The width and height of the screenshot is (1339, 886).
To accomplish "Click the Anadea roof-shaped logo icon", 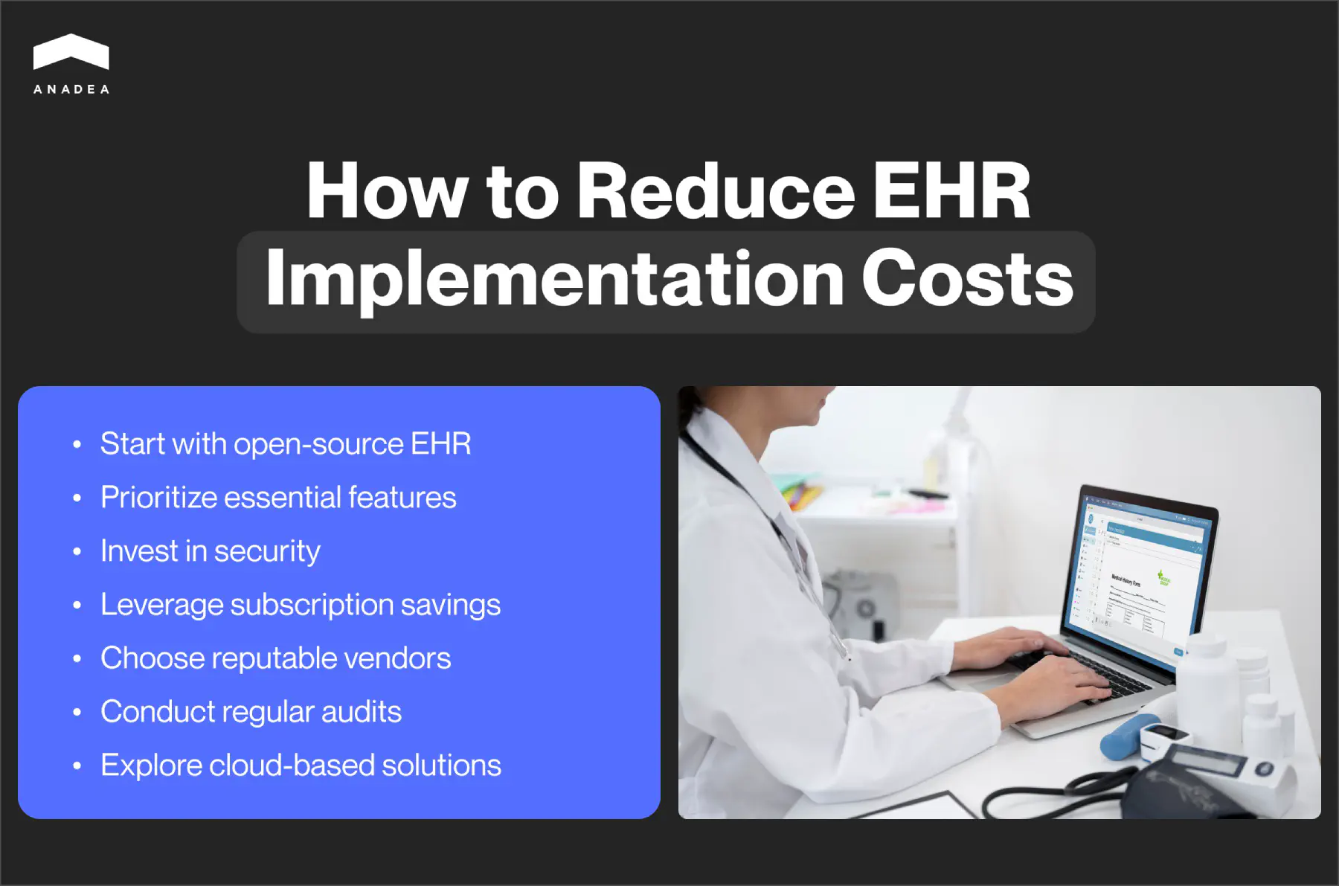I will (x=71, y=52).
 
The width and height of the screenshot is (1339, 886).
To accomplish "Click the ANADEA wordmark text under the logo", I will (x=71, y=89).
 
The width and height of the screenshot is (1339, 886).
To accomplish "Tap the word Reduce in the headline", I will (x=715, y=191).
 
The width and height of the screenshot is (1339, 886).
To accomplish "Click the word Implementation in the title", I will (x=554, y=279).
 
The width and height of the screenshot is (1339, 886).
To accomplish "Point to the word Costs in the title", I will (x=967, y=279).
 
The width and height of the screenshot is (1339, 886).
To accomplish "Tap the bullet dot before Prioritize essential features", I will (x=77, y=498).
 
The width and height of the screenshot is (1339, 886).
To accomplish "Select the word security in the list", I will (x=267, y=551).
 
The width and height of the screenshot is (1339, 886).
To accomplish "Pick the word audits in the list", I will (x=362, y=712).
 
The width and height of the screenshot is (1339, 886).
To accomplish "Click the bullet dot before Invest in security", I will (x=77, y=552).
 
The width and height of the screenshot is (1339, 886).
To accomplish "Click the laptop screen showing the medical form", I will (x=1142, y=573).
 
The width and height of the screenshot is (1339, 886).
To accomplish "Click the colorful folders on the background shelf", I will (x=800, y=495).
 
